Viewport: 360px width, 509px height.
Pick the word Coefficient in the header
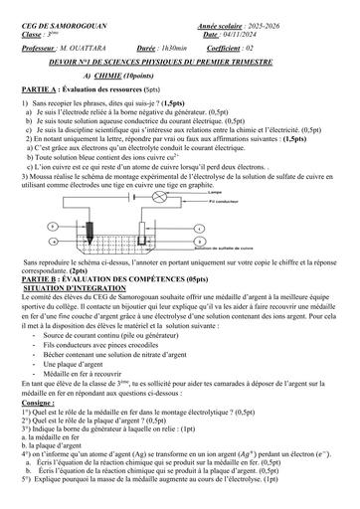pos(247,46)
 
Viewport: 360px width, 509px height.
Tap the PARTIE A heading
pos(39,87)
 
